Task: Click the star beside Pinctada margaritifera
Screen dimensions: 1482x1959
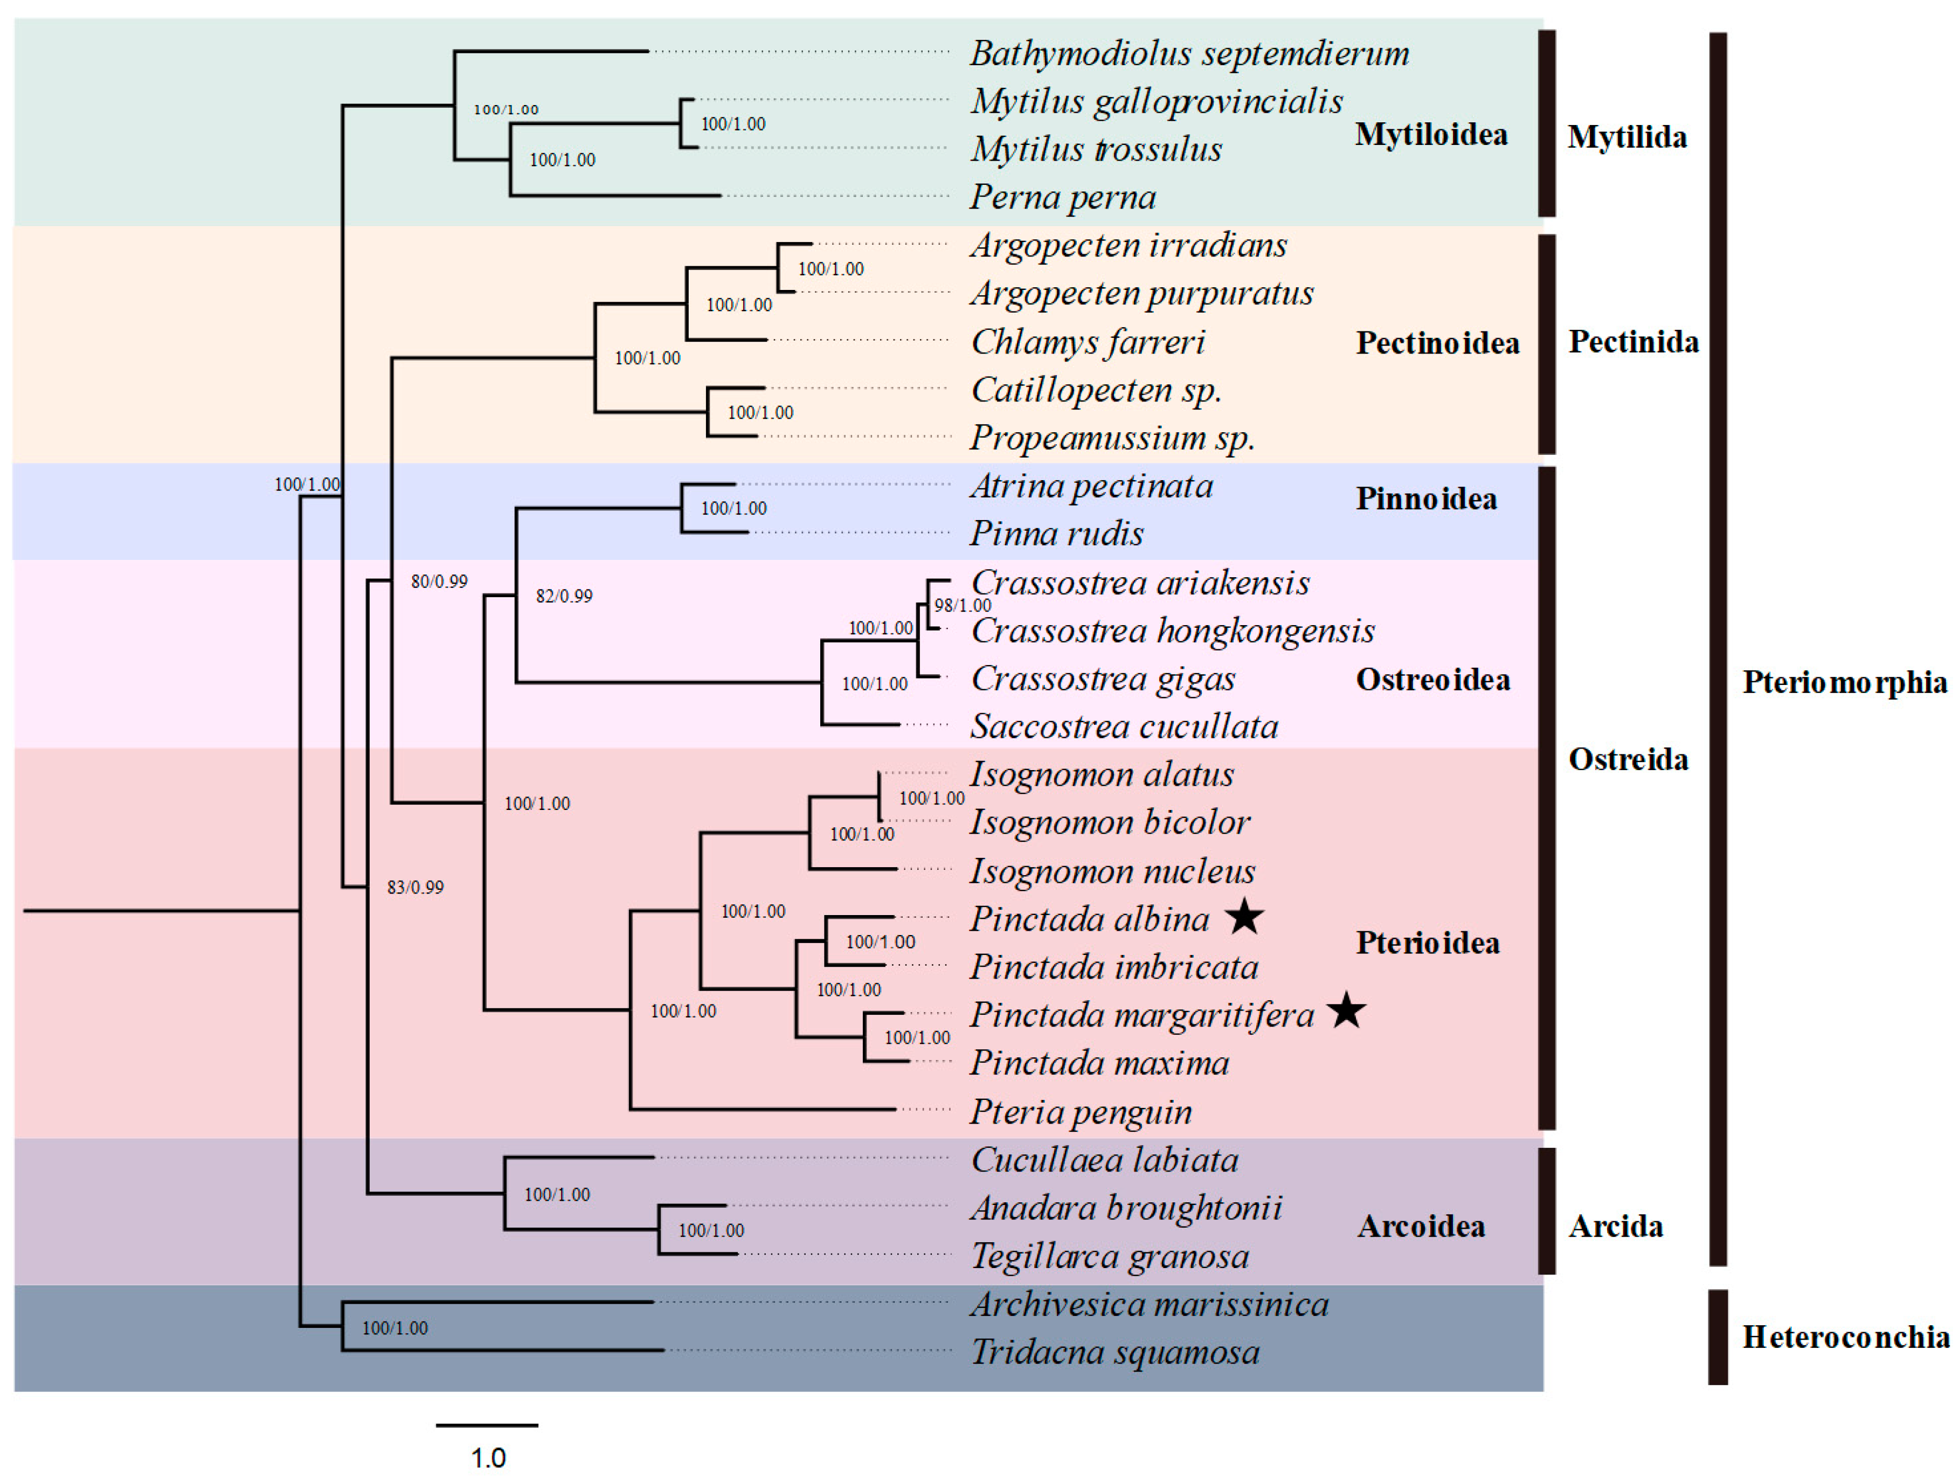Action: tap(1346, 1011)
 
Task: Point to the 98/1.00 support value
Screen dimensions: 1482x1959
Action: tap(962, 606)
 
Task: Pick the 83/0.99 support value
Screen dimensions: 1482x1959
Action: tap(416, 888)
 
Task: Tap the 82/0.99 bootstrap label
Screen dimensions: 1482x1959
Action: tap(564, 596)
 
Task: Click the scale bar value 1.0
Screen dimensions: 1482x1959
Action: tap(488, 1457)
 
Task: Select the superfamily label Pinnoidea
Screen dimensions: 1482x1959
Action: tap(1426, 498)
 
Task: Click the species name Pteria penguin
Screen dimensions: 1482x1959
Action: tap(1081, 1112)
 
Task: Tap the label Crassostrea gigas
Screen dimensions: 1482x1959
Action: tap(1103, 680)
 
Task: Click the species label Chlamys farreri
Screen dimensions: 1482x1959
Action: tap(1088, 342)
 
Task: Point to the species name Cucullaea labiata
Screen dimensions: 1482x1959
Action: tap(1104, 1160)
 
